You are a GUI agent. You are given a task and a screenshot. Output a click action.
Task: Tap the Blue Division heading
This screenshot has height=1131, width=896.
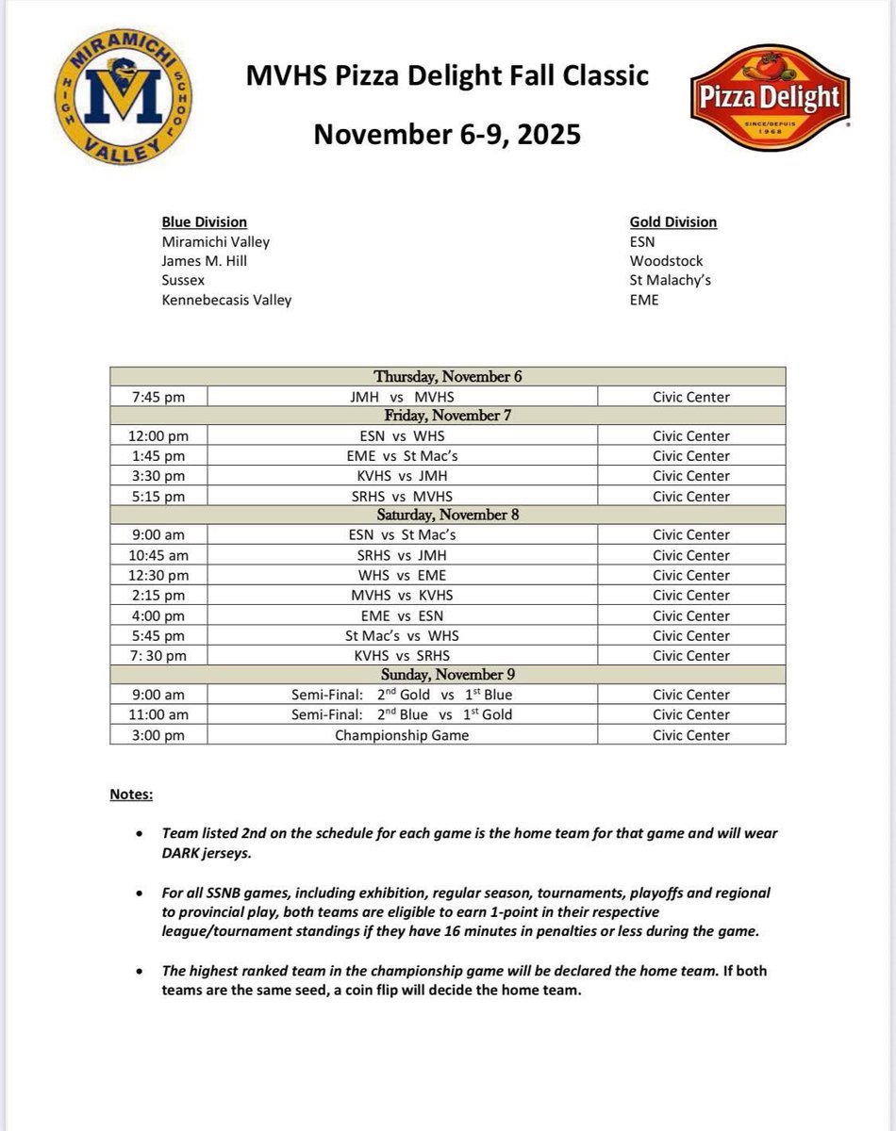[204, 222]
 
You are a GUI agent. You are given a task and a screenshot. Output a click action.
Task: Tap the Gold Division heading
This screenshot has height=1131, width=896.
[672, 222]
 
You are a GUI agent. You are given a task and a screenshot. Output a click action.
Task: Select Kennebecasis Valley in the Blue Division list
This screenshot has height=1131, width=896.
[226, 300]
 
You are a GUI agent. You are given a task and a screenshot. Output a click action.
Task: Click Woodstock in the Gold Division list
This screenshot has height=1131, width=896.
[666, 261]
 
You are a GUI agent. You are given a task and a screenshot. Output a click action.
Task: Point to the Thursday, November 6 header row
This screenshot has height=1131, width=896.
[447, 377]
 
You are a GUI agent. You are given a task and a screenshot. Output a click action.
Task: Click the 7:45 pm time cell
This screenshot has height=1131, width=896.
[158, 398]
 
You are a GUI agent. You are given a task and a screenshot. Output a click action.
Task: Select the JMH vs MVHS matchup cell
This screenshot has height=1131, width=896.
[402, 398]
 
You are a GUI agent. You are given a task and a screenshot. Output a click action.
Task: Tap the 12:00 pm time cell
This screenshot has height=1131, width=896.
[158, 436]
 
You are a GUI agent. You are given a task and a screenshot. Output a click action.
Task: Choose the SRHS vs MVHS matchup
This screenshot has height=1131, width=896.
[402, 497]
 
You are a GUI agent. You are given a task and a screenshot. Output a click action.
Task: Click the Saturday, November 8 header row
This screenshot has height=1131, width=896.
[447, 516]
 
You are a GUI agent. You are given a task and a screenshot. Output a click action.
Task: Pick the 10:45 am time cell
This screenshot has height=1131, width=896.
[158, 555]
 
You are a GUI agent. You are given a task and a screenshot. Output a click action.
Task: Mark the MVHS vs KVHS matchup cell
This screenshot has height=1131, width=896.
[402, 596]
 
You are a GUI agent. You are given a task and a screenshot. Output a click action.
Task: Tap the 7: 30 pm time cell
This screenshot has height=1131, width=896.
[158, 656]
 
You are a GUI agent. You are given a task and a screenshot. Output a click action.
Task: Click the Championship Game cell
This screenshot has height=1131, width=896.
[402, 735]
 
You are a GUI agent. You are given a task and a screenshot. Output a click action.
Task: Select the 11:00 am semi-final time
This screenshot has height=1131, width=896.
[158, 714]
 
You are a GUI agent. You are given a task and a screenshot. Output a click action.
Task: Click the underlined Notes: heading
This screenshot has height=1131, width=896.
[131, 795]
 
